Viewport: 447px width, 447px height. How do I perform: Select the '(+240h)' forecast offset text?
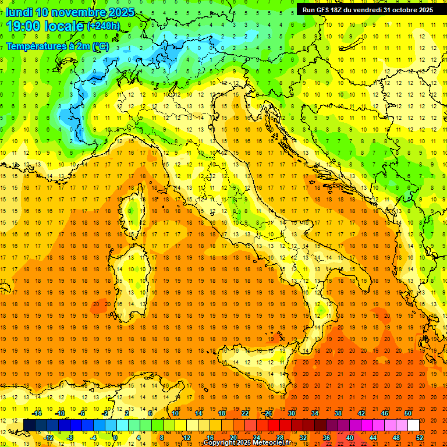(103, 26)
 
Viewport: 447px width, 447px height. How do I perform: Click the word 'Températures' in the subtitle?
(36, 46)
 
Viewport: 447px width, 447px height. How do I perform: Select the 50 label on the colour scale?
(408, 413)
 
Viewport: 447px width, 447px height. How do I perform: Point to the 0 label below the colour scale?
(115, 438)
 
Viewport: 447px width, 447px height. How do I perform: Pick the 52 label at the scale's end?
(420, 438)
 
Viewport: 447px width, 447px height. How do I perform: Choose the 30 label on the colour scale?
(292, 413)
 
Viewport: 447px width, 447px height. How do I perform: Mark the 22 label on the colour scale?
(245, 413)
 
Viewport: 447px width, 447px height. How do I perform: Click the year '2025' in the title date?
(119, 12)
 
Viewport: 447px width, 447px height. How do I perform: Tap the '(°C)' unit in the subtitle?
(100, 46)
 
